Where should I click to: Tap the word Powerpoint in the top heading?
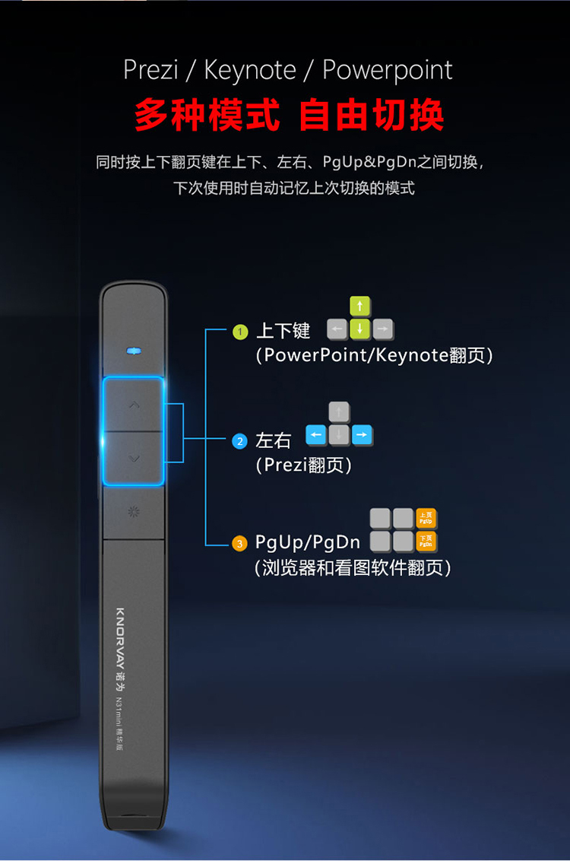click(388, 71)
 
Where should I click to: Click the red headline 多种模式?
click(207, 115)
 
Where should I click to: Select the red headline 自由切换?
click(371, 115)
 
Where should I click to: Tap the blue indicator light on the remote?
click(134, 351)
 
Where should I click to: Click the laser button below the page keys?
click(134, 511)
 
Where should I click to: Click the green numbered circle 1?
click(240, 332)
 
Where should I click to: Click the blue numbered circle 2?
click(240, 441)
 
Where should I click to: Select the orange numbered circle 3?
click(240, 543)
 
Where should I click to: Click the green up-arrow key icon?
click(360, 307)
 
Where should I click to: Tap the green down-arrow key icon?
click(360, 329)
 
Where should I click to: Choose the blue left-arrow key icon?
click(316, 435)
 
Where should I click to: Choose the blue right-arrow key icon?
click(362, 435)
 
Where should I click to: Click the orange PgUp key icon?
click(426, 519)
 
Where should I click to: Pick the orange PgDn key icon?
click(426, 542)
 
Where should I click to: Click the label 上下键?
click(283, 331)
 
